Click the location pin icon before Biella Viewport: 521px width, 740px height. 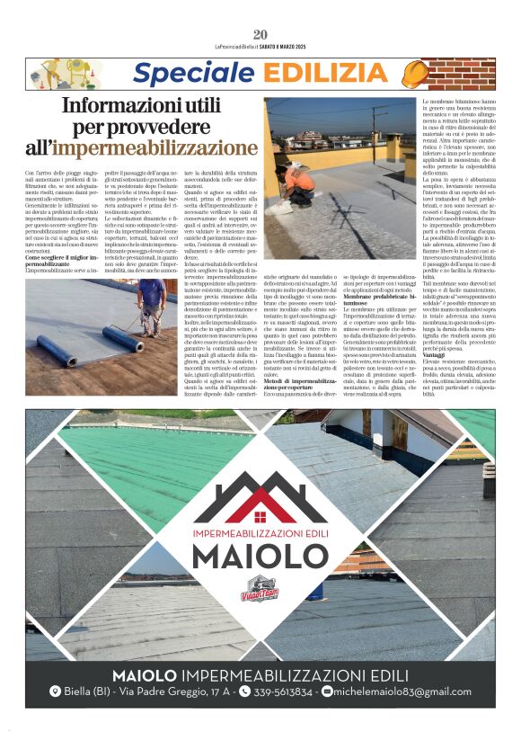pyautogui.click(x=55, y=691)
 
